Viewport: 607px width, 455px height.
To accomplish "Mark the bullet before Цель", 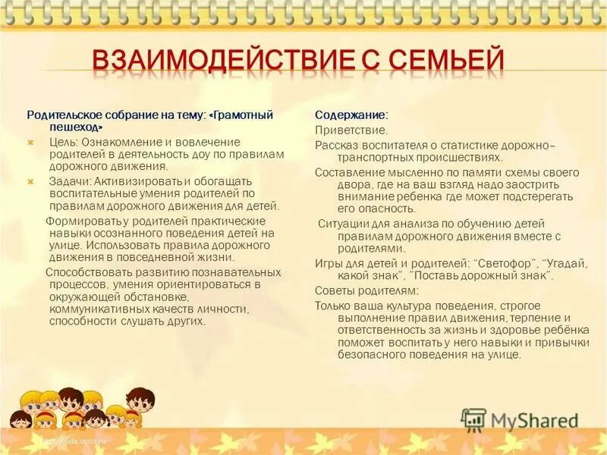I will [x=31, y=142].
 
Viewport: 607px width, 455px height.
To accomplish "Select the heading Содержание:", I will [x=351, y=115].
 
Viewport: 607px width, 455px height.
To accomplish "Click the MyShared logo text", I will [x=534, y=419].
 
